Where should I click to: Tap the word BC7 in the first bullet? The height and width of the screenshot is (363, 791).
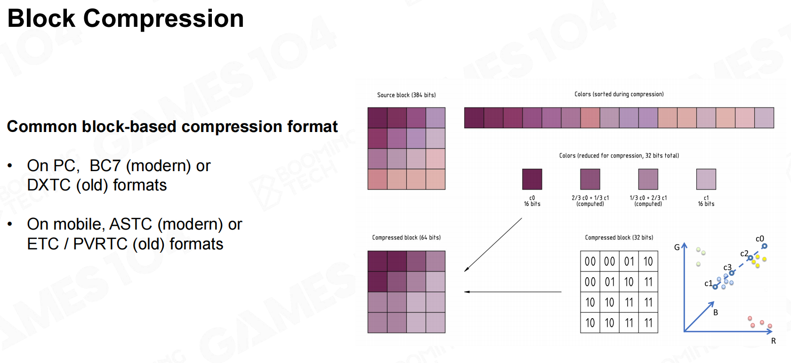[x=105, y=165]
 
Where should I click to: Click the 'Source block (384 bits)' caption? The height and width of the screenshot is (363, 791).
[x=406, y=95]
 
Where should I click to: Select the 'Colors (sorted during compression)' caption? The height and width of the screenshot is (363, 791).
[x=619, y=94]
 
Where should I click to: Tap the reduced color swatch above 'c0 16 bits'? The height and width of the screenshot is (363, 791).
[x=532, y=179]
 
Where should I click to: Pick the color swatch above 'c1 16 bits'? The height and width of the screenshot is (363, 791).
[x=706, y=179]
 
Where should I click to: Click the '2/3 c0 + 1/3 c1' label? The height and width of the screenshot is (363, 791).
[x=590, y=198]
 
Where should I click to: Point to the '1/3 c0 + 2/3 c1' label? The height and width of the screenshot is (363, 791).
[x=648, y=198]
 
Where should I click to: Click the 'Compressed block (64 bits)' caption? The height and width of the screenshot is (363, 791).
[x=406, y=238]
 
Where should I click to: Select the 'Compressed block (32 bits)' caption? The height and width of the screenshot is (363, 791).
[x=619, y=238]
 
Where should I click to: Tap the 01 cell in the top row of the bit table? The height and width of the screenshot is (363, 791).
[x=629, y=262]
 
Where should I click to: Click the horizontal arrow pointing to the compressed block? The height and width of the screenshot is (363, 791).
[x=513, y=292]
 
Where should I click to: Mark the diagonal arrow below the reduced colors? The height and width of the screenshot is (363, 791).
[x=493, y=245]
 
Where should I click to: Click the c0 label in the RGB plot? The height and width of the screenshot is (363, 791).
[x=759, y=239]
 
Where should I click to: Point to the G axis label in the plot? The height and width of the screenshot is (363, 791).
[x=677, y=247]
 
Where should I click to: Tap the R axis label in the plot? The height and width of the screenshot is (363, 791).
[x=773, y=341]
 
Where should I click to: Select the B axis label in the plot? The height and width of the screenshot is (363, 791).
[x=716, y=313]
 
